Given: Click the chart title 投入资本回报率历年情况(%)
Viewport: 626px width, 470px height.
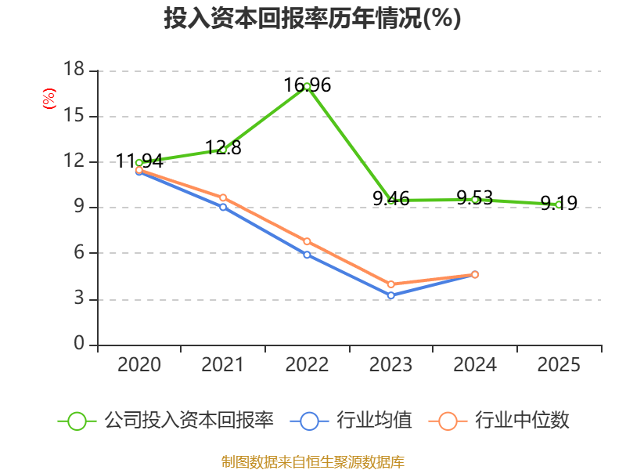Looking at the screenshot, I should coord(312,19).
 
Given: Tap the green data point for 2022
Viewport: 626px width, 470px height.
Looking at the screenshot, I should coord(307,86).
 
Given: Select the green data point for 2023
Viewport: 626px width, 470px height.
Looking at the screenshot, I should coord(391,201).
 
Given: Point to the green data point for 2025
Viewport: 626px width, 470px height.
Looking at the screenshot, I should coord(558,204).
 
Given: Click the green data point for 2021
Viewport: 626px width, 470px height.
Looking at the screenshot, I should coord(223,149).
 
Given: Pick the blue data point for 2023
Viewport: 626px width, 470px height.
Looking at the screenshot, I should coord(391,295).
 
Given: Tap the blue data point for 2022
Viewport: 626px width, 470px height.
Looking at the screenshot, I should coord(307,255).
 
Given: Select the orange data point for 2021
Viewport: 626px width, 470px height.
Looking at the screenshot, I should coord(223,197).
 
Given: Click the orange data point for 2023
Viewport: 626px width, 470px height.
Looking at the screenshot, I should coord(391,284).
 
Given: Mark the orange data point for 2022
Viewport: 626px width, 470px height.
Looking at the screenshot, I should coord(307,241).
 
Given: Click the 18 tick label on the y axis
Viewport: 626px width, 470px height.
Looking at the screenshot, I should coord(74,70).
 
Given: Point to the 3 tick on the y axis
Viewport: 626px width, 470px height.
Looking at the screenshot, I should coord(79,299).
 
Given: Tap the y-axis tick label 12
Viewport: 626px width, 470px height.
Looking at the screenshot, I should coord(74,162).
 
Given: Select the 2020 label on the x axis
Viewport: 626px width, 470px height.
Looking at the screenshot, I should coord(139,365).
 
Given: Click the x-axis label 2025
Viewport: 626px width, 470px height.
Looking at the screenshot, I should coord(559,365).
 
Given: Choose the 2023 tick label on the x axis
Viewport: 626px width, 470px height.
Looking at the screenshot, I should coord(390,365).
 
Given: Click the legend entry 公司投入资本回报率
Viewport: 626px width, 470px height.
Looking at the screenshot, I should coord(189,421).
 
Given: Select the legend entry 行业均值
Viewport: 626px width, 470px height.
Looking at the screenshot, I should coord(374,421).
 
